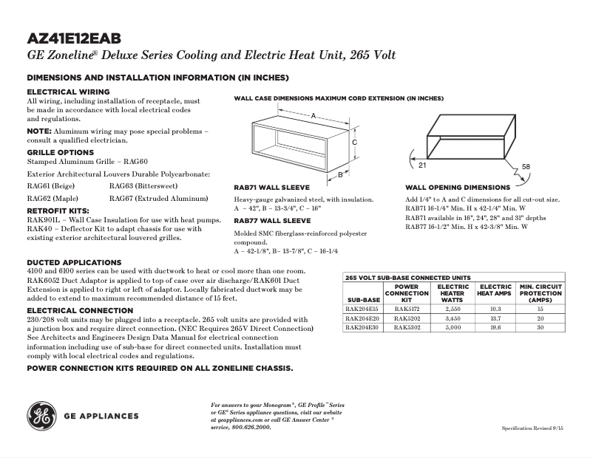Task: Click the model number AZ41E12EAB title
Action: click(x=74, y=38)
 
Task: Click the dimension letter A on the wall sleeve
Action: click(x=314, y=116)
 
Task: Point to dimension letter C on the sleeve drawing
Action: click(x=355, y=142)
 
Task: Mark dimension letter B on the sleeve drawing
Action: click(x=339, y=176)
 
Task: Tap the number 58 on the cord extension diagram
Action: click(x=526, y=167)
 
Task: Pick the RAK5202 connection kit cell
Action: click(x=407, y=318)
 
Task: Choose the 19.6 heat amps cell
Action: click(x=495, y=327)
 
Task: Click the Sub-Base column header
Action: click(x=363, y=300)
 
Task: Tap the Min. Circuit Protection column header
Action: click(x=541, y=293)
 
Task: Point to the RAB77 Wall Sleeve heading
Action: click(x=272, y=220)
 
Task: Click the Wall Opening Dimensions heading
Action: click(x=458, y=188)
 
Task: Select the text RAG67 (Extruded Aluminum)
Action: click(x=158, y=199)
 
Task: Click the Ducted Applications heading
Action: click(x=74, y=262)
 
